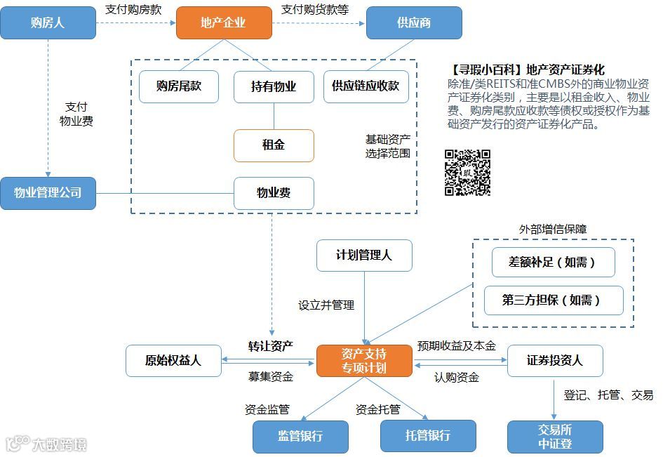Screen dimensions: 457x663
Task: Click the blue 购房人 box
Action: (48, 22)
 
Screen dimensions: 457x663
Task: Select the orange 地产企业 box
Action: (223, 22)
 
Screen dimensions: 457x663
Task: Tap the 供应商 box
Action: (414, 22)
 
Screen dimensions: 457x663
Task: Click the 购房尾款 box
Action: (179, 86)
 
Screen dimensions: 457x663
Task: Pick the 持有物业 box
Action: (274, 87)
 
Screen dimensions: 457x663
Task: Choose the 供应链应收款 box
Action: (366, 86)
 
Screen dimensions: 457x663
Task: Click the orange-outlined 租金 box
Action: (274, 145)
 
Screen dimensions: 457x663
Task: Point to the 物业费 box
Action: (274, 193)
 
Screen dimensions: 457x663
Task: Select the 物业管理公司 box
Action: (48, 193)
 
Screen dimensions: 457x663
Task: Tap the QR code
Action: (467, 172)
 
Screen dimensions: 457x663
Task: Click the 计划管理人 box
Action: (364, 256)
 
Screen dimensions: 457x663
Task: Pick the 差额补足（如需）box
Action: (553, 263)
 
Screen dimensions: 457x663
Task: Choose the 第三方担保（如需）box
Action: (553, 300)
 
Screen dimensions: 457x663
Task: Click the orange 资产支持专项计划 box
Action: (363, 360)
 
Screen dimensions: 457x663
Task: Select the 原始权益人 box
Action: (173, 361)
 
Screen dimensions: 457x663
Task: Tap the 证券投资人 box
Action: (554, 361)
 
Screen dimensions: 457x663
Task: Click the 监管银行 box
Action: (300, 436)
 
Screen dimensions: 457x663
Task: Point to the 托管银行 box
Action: (428, 436)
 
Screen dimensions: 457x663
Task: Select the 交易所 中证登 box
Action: (555, 436)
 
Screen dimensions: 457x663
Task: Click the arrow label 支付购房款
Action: (133, 10)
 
